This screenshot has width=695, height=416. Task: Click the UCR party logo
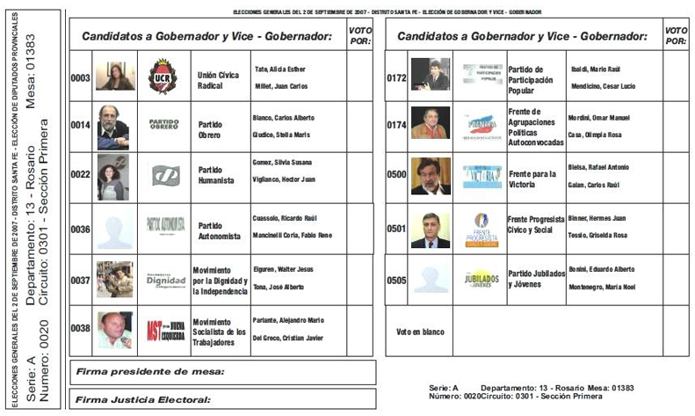(163, 77)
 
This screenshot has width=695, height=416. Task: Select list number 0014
(81, 126)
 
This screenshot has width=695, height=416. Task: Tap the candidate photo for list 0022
(112, 177)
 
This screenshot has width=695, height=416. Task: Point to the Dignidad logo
(164, 279)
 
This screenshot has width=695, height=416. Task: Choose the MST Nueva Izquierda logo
(164, 330)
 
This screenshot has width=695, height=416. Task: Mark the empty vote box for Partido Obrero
(360, 126)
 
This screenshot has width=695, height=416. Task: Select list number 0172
(396, 77)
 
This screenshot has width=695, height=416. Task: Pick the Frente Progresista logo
(481, 229)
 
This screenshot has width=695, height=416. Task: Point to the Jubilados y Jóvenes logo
(481, 280)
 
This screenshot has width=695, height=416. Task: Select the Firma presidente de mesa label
(150, 372)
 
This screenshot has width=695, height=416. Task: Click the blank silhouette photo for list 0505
(431, 280)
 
